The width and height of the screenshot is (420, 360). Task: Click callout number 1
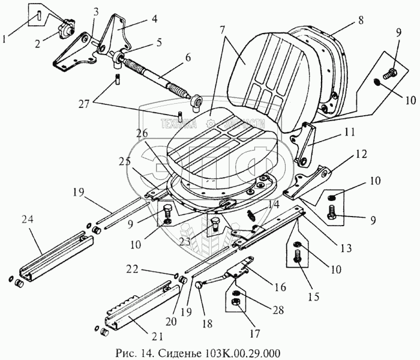pos(5,40)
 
